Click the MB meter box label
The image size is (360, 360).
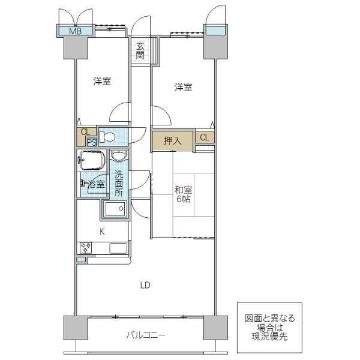76,31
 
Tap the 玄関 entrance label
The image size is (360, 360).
140,51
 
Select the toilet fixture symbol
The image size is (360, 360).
107,137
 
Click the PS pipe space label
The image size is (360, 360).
92,143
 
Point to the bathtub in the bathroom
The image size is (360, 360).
91,160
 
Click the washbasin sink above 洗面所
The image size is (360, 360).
119,155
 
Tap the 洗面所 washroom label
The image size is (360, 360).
119,184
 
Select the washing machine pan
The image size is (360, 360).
115,209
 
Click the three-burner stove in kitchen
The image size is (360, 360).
86,247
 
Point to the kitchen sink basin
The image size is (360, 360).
118,248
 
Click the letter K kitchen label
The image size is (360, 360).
102,232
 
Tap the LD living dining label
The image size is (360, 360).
145,285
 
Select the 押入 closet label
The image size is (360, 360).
172,140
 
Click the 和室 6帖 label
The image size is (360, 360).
184,194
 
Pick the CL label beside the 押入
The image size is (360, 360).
205,137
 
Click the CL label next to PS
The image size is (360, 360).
85,132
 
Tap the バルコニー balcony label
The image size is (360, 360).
146,335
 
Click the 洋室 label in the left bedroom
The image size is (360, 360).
102,81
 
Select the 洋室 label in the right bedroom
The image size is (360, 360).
184,87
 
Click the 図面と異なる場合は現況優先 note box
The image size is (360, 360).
269,328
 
